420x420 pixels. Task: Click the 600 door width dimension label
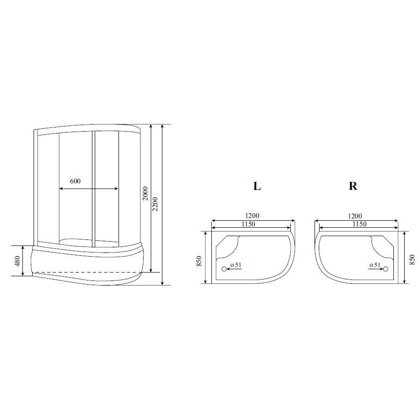point(75,181)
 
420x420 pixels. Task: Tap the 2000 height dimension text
point(145,193)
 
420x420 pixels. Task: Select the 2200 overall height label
point(155,204)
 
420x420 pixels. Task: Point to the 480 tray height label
point(17,261)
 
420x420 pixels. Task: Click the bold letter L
point(257,186)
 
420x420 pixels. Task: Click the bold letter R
point(353,186)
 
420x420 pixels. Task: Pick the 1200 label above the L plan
point(252,216)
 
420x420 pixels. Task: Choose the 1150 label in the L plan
point(248,224)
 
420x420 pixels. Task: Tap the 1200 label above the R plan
point(355,216)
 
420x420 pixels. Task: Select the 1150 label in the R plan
point(359,224)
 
